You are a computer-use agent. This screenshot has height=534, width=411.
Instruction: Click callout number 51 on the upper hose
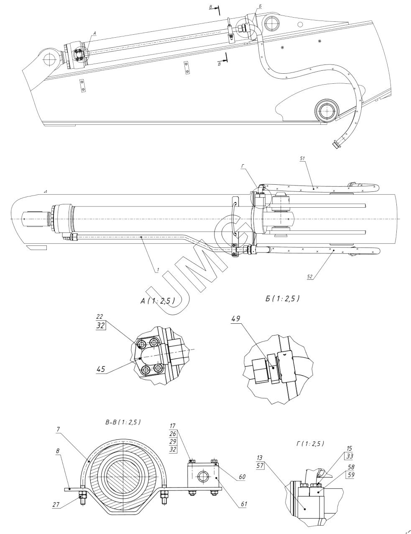point(303,158)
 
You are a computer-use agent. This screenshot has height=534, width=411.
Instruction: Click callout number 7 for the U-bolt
point(59,430)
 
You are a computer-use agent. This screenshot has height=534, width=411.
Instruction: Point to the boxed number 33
point(350,455)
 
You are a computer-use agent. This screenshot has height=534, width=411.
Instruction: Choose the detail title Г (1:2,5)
point(310,443)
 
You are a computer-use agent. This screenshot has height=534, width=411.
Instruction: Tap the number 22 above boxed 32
point(99,317)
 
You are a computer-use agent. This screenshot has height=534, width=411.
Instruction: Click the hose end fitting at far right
point(335,144)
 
